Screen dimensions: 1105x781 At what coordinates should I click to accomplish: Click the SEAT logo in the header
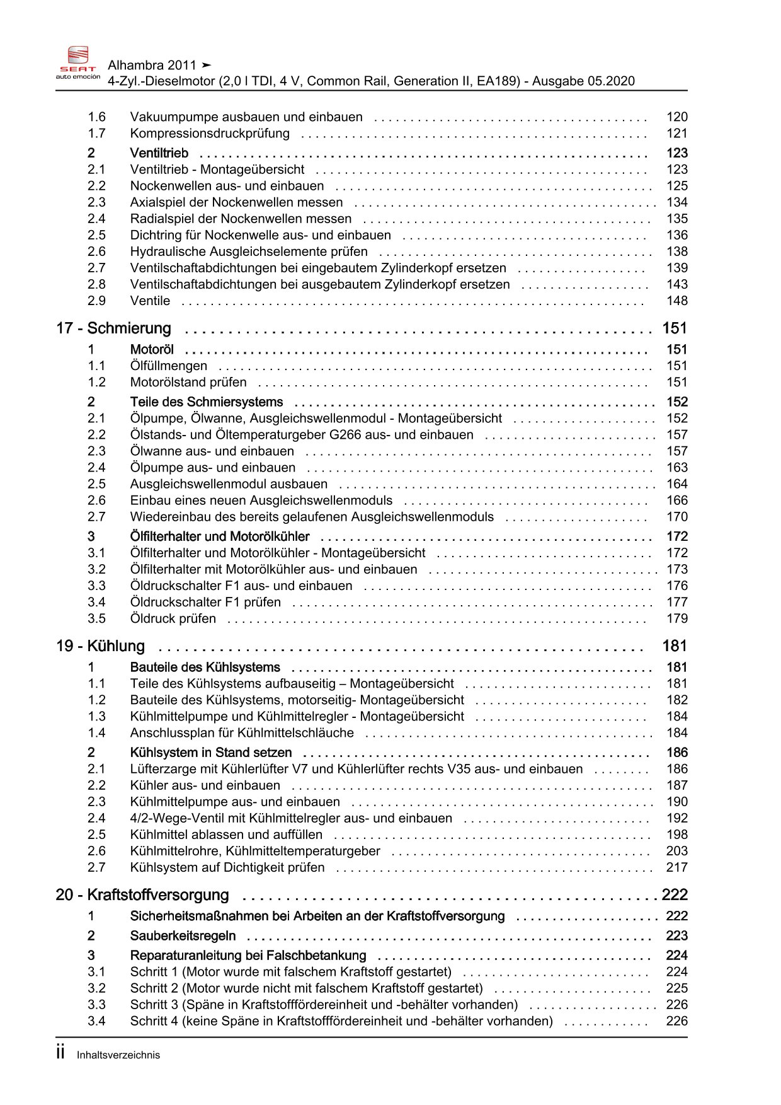[78, 62]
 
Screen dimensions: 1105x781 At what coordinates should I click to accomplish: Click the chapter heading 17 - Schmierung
[113, 328]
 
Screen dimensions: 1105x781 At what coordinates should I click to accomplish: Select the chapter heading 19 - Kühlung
[100, 646]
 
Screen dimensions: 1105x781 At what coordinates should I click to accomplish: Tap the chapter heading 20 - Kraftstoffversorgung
[142, 895]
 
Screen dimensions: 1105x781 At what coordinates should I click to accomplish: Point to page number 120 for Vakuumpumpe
[677, 117]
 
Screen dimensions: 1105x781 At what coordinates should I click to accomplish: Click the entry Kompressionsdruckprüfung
[210, 134]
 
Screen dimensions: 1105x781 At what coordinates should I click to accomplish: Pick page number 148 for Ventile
[677, 301]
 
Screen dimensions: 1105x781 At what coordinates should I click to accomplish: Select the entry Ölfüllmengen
[168, 366]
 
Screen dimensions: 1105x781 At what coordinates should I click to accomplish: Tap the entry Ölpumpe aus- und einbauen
[212, 468]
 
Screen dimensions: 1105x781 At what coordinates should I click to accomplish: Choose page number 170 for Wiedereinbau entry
[677, 517]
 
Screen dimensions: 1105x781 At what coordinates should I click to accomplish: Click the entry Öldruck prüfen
[173, 619]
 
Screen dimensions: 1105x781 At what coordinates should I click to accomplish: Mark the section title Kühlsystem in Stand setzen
[211, 753]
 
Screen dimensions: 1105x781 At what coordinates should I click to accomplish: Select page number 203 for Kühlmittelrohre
[677, 851]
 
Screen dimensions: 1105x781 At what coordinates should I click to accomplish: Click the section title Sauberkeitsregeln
[183, 936]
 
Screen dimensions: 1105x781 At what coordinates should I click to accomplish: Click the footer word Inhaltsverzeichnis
[118, 1055]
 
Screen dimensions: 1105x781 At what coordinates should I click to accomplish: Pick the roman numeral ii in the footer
[60, 1053]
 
